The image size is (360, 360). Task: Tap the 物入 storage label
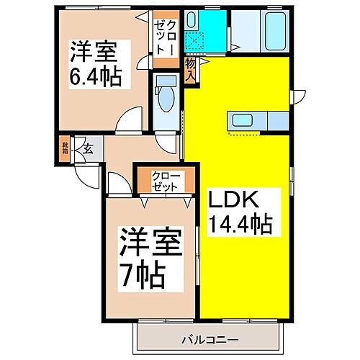pyautogui.click(x=191, y=71)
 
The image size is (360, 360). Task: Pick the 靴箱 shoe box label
pyautogui.click(x=65, y=149)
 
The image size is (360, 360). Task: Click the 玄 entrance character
pyautogui.click(x=86, y=150)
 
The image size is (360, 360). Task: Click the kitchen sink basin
pyautogui.click(x=240, y=120)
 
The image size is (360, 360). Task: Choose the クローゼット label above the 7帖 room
pyautogui.click(x=166, y=181)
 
